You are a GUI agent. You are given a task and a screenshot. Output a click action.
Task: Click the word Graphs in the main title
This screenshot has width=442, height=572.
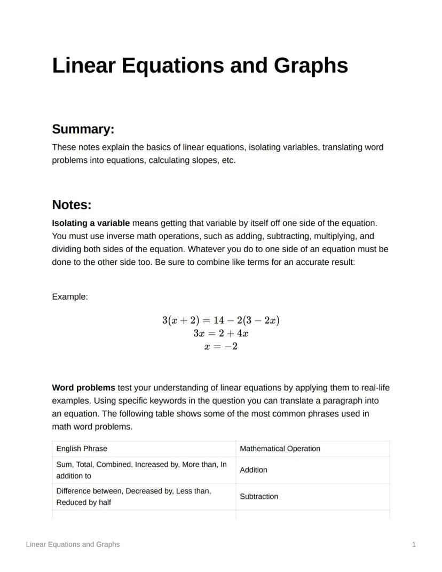point(311,66)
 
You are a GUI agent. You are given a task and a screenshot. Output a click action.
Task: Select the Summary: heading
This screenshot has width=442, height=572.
point(83,129)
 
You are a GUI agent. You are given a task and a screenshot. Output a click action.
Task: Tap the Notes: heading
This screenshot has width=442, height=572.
point(72,205)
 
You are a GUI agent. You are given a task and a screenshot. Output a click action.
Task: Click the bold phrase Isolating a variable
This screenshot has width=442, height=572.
point(90,223)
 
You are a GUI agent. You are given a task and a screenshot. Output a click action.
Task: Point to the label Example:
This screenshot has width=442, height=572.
point(69,297)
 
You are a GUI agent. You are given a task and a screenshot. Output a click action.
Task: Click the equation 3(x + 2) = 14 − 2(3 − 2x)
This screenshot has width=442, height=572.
point(221,320)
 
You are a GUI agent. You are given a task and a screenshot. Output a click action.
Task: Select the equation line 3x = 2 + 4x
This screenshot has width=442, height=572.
point(221,334)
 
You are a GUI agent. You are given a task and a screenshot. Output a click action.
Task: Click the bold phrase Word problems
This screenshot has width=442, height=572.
point(83,388)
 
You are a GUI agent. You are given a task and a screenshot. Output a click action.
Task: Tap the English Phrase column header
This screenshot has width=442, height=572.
point(82,449)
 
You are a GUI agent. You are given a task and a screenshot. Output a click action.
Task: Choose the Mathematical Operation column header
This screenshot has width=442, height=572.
point(280,449)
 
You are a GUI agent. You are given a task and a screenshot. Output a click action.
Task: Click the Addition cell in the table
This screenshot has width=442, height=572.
point(254,470)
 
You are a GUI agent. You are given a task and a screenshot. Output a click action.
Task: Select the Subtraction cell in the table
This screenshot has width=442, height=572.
point(259,497)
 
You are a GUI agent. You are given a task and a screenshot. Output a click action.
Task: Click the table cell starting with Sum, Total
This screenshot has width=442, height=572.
point(141,470)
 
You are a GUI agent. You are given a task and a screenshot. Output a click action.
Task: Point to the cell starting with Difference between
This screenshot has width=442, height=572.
point(133,497)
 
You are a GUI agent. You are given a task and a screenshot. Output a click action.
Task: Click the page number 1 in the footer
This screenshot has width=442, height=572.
point(414,544)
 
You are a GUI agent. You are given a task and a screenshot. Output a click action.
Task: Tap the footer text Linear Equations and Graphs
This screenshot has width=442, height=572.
point(73,544)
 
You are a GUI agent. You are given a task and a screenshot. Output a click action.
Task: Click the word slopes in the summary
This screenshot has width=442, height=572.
point(204,160)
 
